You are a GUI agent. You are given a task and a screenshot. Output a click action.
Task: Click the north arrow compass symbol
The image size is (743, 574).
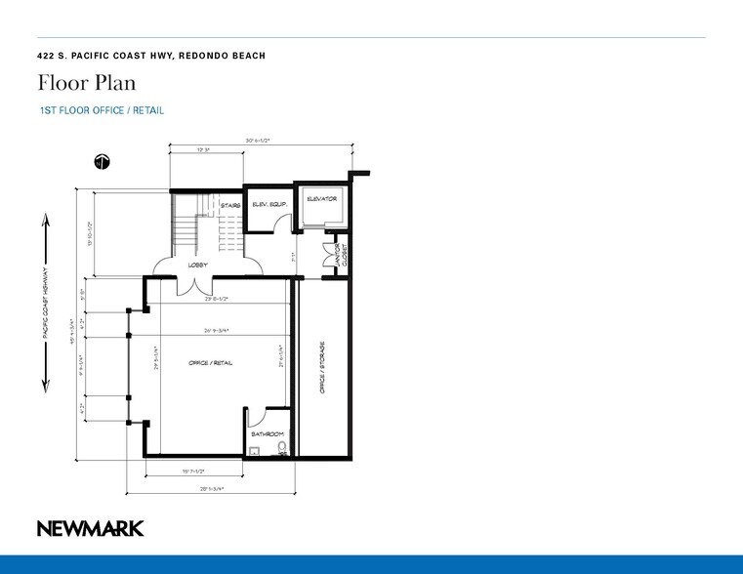[x=100, y=162]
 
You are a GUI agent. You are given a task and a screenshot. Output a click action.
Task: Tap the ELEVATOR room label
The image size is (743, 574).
[x=321, y=199]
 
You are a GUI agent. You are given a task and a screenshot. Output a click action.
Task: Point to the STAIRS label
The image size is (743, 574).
[x=230, y=205]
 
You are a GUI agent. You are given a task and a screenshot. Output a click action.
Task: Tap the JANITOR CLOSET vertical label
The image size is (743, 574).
[x=341, y=256]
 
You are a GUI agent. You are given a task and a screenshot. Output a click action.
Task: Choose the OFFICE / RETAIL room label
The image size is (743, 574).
[x=210, y=362]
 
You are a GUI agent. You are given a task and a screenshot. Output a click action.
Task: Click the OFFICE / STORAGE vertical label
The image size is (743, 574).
[x=321, y=368]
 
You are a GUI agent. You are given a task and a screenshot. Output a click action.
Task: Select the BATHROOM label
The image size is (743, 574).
[x=267, y=433]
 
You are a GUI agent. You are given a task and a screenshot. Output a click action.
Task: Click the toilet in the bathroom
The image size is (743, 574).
[x=282, y=448]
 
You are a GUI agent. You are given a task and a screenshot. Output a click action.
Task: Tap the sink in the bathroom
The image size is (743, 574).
[x=253, y=451]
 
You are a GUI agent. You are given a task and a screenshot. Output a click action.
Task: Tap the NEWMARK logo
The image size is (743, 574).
[x=90, y=528]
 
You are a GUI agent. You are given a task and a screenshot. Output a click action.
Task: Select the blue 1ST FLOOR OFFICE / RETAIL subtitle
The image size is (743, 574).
[x=101, y=110]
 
